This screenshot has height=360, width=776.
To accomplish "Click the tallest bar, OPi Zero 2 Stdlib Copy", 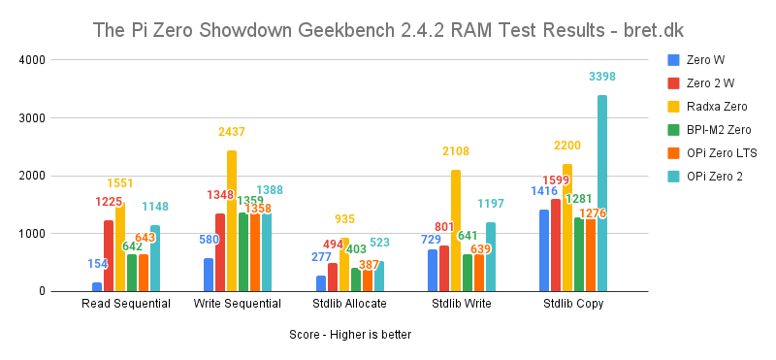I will click(601, 194).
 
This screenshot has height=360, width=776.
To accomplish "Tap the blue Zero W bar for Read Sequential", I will click(97, 286).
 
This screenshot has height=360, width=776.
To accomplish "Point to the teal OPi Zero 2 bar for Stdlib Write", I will click(491, 257).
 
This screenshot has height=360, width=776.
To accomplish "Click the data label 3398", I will click(601, 77).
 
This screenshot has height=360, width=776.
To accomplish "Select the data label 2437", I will click(232, 131).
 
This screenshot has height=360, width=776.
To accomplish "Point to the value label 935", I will click(345, 219).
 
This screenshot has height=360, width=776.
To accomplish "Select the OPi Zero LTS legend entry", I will click(721, 153).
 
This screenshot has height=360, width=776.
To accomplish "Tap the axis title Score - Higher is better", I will click(350, 335).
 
